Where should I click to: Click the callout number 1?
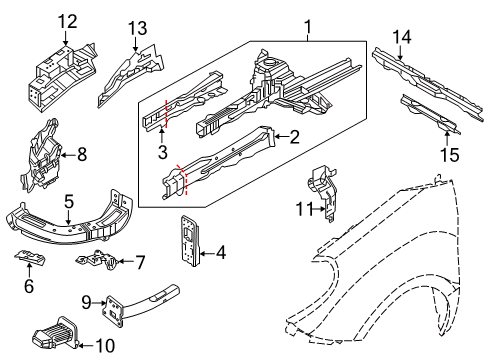pos(309,28)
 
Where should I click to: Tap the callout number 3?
pos(161,152)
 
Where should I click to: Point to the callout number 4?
pos(221,254)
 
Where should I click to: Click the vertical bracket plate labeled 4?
pos(189,240)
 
